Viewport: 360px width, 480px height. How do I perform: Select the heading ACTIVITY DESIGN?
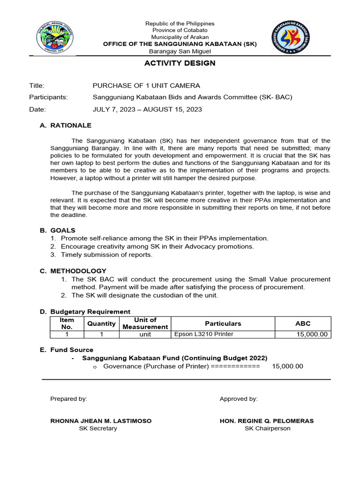180,63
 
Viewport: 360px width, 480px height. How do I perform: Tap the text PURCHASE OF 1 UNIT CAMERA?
146,85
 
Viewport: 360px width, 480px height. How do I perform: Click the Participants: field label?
48,97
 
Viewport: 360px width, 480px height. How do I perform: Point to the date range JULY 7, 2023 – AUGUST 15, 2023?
147,109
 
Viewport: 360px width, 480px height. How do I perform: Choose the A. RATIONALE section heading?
66,125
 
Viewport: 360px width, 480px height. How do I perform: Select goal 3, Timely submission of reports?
112,255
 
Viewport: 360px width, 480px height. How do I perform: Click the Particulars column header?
223,323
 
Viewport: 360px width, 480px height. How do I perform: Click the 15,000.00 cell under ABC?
312,334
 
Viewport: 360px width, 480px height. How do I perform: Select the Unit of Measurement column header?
145,323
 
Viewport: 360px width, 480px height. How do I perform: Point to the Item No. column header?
67,323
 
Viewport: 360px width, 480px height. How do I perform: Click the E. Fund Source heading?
67,350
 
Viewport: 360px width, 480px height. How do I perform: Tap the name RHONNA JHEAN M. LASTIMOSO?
101,421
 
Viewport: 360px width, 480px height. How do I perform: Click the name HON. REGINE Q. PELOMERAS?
267,421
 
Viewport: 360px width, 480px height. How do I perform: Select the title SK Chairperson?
267,428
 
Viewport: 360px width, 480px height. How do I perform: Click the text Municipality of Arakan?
180,37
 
